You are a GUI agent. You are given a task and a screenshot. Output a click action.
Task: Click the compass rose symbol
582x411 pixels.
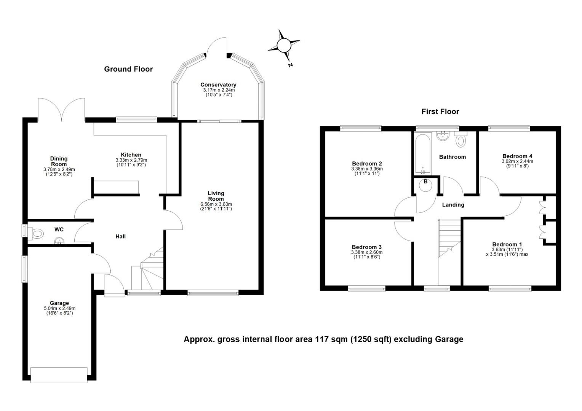[283, 46]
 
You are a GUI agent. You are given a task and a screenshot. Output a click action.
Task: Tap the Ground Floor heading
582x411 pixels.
[128, 69]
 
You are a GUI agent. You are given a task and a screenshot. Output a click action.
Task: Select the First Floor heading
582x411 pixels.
[440, 112]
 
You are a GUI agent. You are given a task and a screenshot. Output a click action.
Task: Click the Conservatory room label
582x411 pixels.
[218, 85]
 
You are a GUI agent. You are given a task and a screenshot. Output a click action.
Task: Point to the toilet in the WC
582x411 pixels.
[38, 234]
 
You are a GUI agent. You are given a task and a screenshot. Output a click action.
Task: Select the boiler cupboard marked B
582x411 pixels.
[425, 185]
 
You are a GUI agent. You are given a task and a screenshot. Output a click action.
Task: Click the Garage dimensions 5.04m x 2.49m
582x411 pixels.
[59, 308]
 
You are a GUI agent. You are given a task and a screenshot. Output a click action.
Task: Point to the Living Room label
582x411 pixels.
[216, 196]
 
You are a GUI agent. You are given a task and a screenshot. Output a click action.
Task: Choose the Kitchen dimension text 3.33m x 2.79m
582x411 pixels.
[131, 160]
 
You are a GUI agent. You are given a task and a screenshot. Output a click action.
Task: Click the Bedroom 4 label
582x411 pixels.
[517, 156]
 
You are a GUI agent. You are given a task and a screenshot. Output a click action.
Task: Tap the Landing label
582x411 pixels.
[453, 205]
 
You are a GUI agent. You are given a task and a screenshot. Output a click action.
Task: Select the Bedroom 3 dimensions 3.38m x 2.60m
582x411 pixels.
[367, 252]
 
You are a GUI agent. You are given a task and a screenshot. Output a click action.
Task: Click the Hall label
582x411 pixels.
[120, 236]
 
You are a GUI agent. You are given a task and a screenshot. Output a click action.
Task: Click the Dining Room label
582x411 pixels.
[59, 161]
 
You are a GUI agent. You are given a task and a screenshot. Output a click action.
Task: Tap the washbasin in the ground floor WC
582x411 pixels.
[59, 241]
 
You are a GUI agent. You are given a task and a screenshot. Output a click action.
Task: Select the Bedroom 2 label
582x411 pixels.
[367, 164]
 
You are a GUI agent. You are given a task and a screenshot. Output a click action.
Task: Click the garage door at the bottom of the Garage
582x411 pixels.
[59, 375]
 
